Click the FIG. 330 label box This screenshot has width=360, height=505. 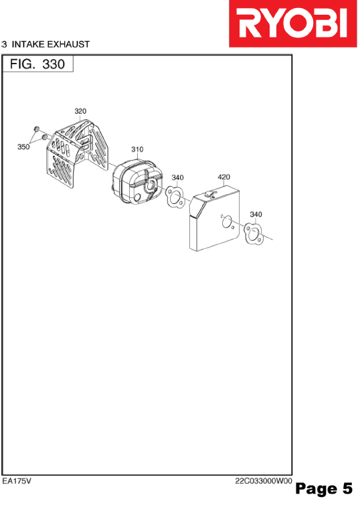pyautogui.click(x=37, y=64)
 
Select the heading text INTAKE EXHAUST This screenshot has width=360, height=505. pyautogui.click(x=51, y=44)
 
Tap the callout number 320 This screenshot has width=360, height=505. pyautogui.click(x=80, y=111)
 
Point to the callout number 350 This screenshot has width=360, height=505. pyautogui.click(x=23, y=147)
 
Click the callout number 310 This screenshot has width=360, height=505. pyautogui.click(x=137, y=149)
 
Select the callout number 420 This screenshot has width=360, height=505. pyautogui.click(x=223, y=177)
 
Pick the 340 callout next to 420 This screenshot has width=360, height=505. pyautogui.click(x=177, y=177)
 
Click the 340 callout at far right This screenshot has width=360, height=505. pyautogui.click(x=256, y=214)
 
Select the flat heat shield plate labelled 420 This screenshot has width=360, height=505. pyautogui.click(x=214, y=218)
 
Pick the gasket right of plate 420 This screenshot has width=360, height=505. pyautogui.click(x=254, y=233)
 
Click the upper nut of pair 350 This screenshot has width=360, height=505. pyautogui.click(x=36, y=129)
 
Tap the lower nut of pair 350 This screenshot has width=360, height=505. pyautogui.click(x=44, y=138)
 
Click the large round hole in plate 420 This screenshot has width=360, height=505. pyautogui.click(x=227, y=221)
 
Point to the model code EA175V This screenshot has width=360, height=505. pyautogui.click(x=17, y=481)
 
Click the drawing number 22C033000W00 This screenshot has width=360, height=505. pyautogui.click(x=264, y=481)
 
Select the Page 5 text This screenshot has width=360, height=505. pyautogui.click(x=324, y=488)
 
